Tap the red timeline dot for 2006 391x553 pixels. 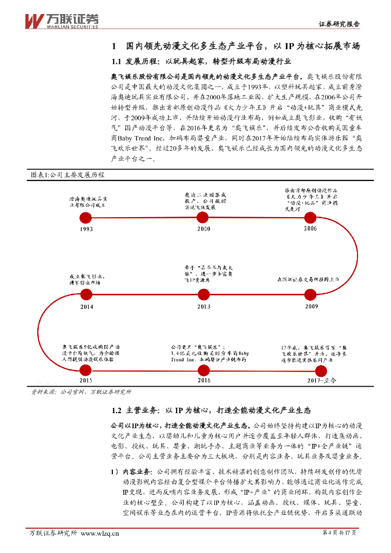309,218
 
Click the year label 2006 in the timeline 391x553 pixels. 311,229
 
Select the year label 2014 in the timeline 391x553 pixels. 86,306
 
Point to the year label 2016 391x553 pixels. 204,381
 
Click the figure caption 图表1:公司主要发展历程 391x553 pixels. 69,176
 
